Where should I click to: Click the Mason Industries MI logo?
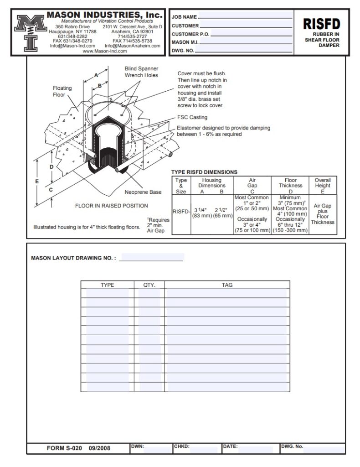30,32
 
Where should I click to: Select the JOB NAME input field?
246,17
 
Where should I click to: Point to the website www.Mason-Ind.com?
104,52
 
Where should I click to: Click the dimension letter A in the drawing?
96,74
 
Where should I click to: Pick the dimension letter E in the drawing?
37,181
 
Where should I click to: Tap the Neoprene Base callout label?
143,192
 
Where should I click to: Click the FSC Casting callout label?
192,117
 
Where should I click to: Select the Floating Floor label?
62,91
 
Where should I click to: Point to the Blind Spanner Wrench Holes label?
141,72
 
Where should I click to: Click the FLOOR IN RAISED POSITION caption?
112,206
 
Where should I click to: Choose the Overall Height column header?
323,183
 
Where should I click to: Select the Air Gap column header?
252,183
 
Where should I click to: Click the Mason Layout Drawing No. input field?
151,258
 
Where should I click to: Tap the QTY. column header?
149,285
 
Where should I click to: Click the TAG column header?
227,285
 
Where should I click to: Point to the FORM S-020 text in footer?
64,448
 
